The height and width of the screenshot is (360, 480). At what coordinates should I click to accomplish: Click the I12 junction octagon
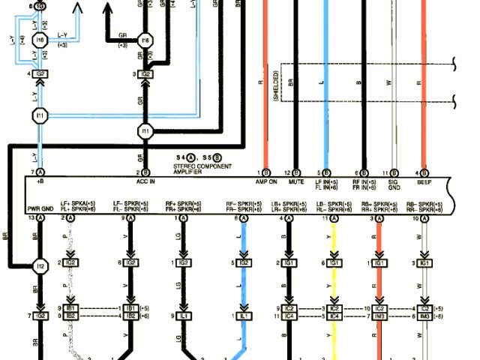point(40,265)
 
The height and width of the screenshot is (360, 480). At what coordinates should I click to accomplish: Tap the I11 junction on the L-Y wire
point(40,115)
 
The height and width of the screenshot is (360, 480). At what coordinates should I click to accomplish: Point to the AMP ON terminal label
point(268,182)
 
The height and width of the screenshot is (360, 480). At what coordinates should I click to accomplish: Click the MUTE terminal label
point(297,182)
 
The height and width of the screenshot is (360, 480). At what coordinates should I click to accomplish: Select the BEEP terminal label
point(425,182)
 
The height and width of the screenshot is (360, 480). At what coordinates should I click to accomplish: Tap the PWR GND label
point(39,208)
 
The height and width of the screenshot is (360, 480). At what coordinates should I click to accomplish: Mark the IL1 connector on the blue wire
point(244,317)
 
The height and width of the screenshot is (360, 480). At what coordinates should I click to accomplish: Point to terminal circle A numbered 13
point(40,217)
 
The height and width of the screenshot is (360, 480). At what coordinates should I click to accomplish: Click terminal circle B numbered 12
point(297,173)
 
